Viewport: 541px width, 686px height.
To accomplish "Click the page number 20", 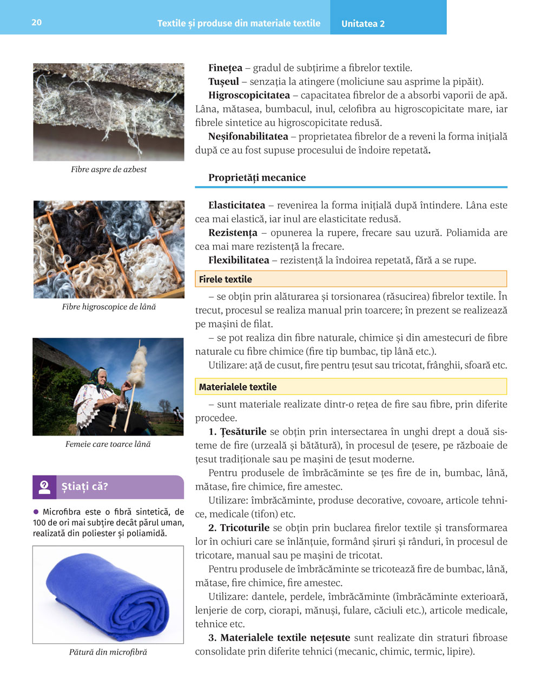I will (36, 22).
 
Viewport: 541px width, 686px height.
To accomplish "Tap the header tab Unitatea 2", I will (363, 24).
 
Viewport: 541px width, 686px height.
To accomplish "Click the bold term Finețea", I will (225, 68).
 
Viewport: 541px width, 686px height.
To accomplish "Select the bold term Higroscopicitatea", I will (249, 95).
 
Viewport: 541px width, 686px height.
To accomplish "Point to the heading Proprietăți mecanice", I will (257, 177).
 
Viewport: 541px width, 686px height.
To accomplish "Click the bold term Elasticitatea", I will (236, 206).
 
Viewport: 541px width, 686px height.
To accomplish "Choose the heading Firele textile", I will (226, 279).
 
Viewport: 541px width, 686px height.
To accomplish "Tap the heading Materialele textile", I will (237, 387).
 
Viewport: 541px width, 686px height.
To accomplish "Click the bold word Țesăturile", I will (243, 432).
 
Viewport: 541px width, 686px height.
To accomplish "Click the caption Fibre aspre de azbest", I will (109, 169).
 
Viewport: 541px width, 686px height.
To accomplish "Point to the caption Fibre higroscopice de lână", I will (109, 307).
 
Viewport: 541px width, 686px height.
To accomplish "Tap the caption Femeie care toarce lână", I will (108, 444).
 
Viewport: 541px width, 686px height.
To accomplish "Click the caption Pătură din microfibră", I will (108, 652).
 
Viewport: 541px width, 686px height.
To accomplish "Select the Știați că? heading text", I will (85, 486).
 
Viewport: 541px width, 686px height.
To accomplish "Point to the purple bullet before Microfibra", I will (36, 511).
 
